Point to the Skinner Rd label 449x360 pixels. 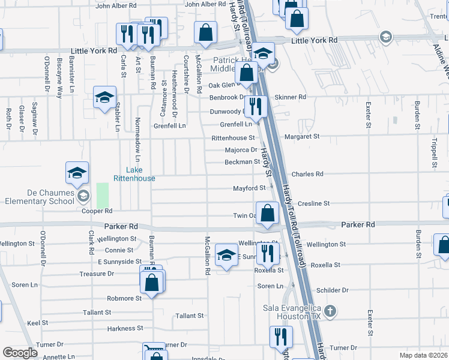(x=290, y=97)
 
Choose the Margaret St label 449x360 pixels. (x=302, y=137)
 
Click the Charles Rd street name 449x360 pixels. (x=307, y=174)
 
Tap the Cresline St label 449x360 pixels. (x=313, y=203)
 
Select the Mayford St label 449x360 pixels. (x=249, y=188)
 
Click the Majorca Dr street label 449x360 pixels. (x=241, y=150)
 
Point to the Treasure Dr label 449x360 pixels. (x=97, y=274)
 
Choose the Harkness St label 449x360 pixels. (x=125, y=328)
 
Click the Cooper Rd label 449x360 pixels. (x=97, y=211)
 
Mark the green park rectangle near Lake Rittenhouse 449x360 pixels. (x=103, y=196)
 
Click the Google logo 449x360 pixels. (x=20, y=353)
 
